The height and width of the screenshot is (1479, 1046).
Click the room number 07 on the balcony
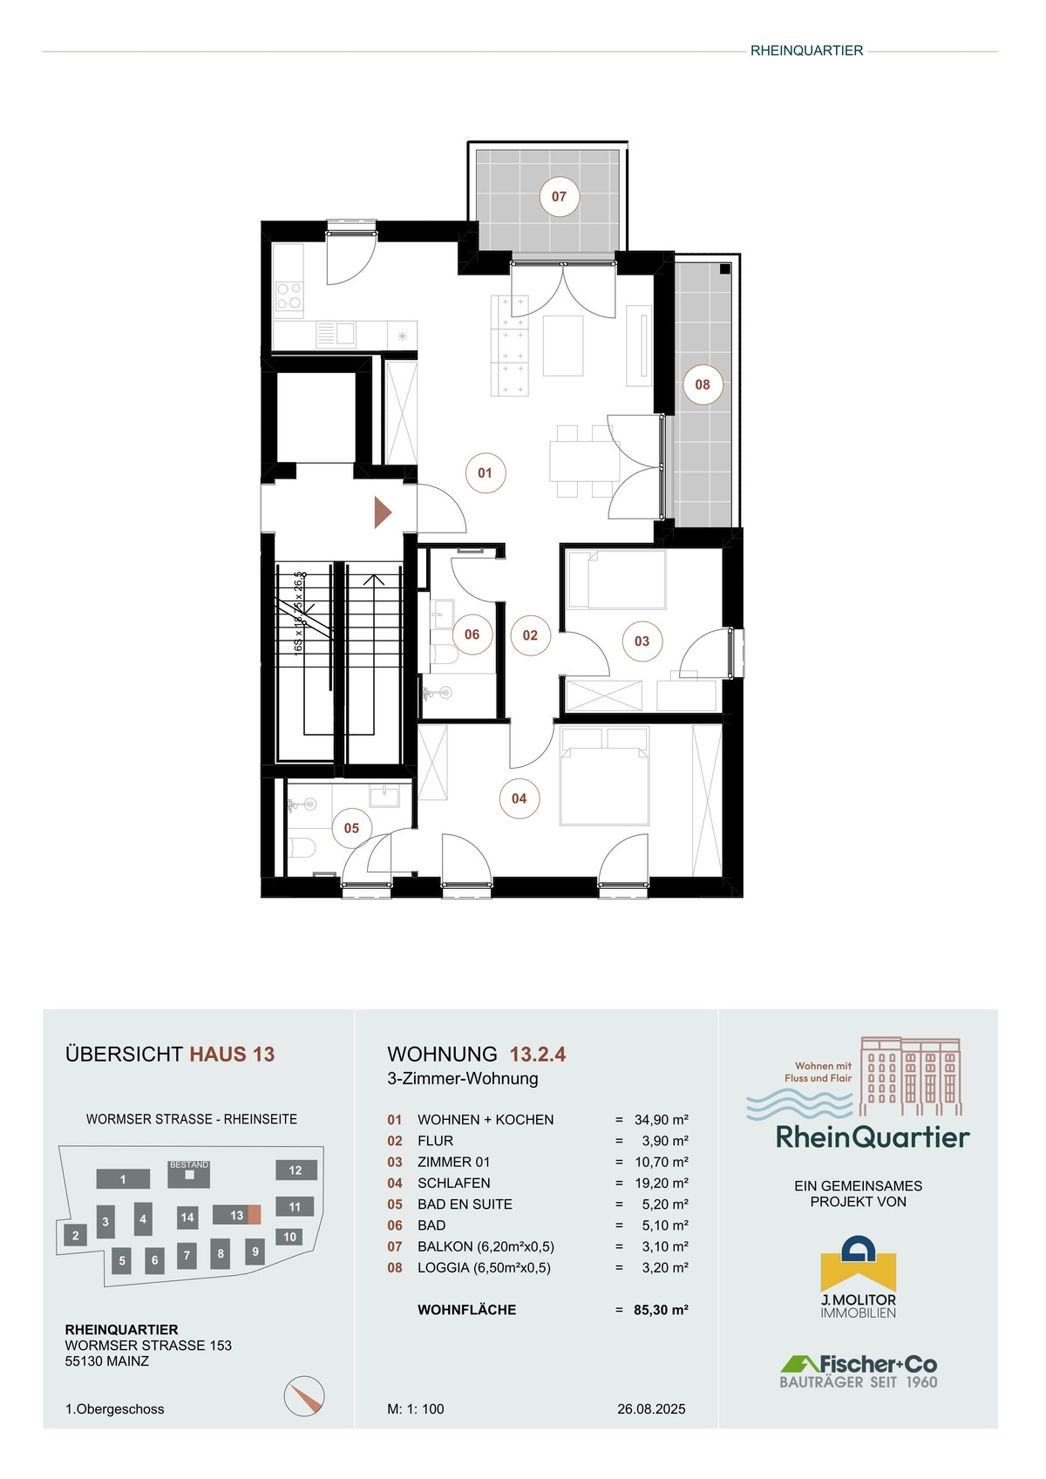(x=559, y=196)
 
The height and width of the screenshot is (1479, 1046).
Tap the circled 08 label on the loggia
(x=702, y=384)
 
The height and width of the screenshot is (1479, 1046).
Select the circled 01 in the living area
(x=485, y=472)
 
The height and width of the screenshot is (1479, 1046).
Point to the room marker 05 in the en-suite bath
(x=351, y=828)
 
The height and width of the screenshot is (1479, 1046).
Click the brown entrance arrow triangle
(x=383, y=512)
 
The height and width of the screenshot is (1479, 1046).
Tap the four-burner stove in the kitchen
(x=289, y=295)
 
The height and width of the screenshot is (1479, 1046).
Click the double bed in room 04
(x=604, y=777)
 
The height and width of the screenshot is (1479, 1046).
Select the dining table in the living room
(x=584, y=461)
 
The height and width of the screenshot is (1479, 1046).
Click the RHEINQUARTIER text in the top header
(x=806, y=51)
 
